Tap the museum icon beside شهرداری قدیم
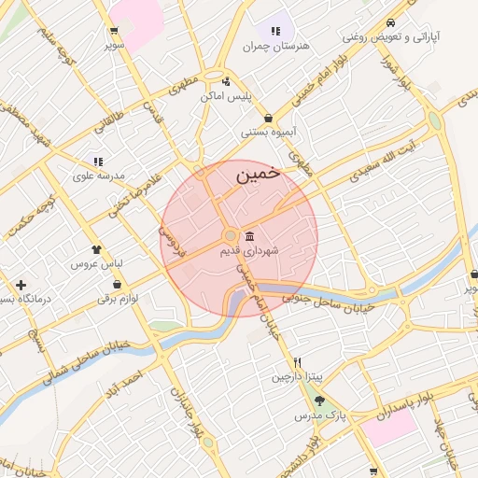(249, 237)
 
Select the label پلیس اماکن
(228, 97)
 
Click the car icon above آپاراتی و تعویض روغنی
(389, 23)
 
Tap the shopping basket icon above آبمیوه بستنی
(269, 118)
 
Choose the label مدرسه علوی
(97, 175)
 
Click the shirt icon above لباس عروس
(94, 249)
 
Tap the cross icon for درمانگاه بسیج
(21, 284)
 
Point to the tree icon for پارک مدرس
(320, 401)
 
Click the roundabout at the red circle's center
(230, 236)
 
